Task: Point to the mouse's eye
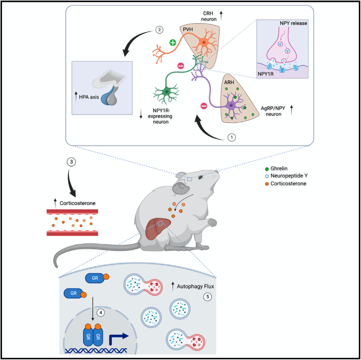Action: tap(200, 178)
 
